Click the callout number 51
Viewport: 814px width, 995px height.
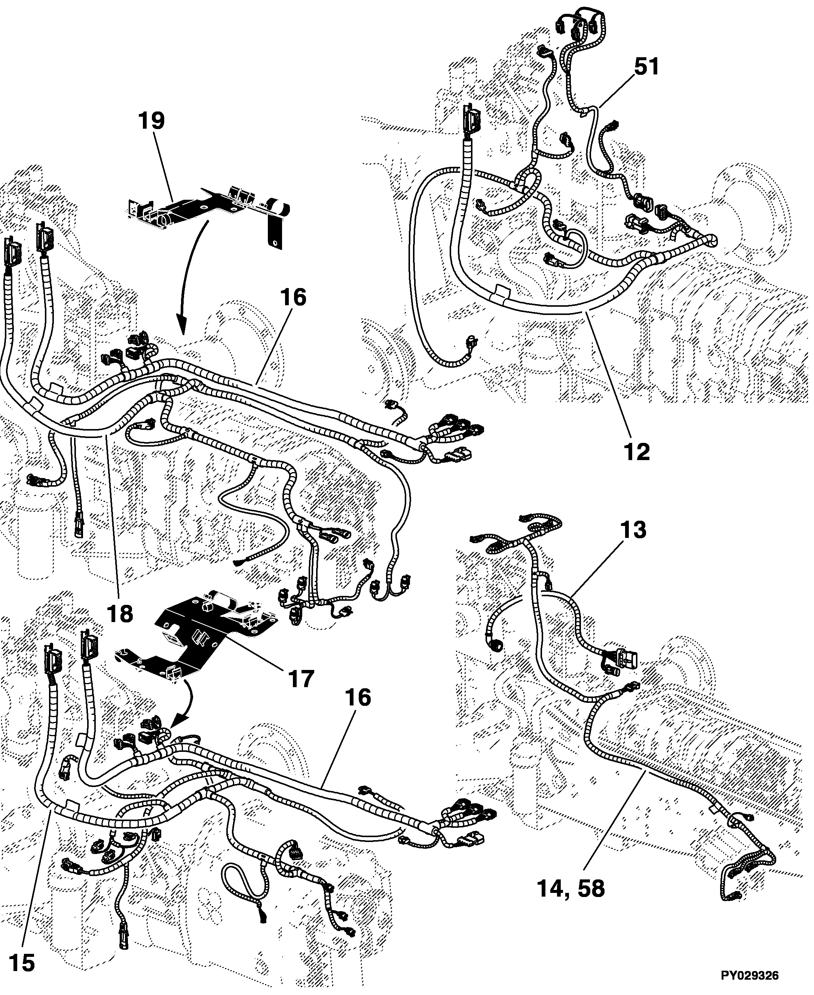click(647, 67)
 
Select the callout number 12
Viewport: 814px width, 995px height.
click(637, 451)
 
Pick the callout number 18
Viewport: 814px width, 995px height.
click(120, 613)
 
